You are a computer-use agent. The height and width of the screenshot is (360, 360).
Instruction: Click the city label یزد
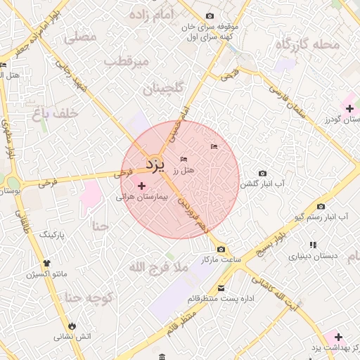coord(155,165)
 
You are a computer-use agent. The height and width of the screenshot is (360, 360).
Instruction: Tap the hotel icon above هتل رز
coord(185,159)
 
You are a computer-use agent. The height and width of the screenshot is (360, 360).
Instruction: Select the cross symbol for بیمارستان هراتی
coord(143,186)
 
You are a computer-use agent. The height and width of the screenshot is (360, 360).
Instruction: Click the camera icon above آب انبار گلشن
coord(263,173)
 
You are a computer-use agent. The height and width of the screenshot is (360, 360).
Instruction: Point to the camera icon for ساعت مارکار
coord(221,250)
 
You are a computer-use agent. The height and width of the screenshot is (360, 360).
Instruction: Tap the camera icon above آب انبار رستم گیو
coord(321,206)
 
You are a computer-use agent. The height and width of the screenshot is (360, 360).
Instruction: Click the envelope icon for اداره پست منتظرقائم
coord(221,288)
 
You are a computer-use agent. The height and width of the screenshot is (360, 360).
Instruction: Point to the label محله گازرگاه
coord(307,45)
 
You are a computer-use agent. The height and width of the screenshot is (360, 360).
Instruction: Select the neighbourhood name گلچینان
coord(163,89)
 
